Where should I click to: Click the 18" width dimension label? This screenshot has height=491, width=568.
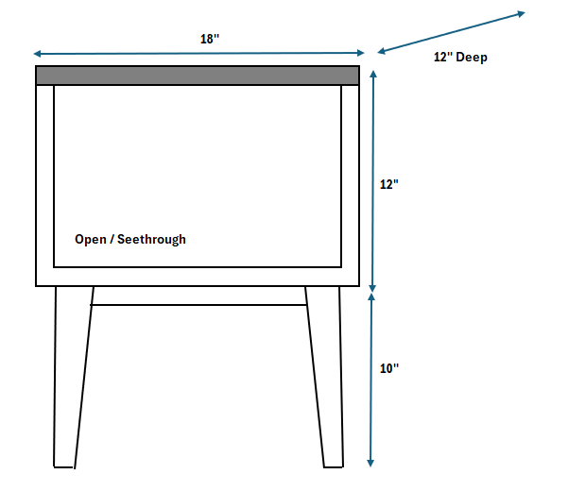coord(210,39)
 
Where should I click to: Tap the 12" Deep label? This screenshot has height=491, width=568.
coord(460,58)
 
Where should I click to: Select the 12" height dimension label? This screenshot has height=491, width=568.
coord(389,185)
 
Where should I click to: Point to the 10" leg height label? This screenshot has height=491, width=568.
coord(389,369)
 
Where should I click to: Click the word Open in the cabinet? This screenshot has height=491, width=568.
coord(91,240)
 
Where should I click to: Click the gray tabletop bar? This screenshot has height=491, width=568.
coord(198,76)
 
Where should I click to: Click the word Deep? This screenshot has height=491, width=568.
coord(472,58)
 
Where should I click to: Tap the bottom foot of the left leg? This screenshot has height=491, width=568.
coord(64,464)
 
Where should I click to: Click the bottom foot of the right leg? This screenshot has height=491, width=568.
coord(332,464)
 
